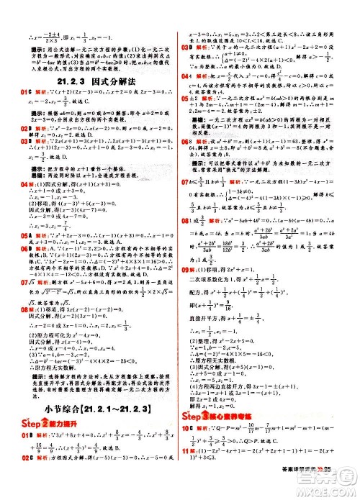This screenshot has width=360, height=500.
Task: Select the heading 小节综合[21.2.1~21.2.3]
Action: click(94, 409)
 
